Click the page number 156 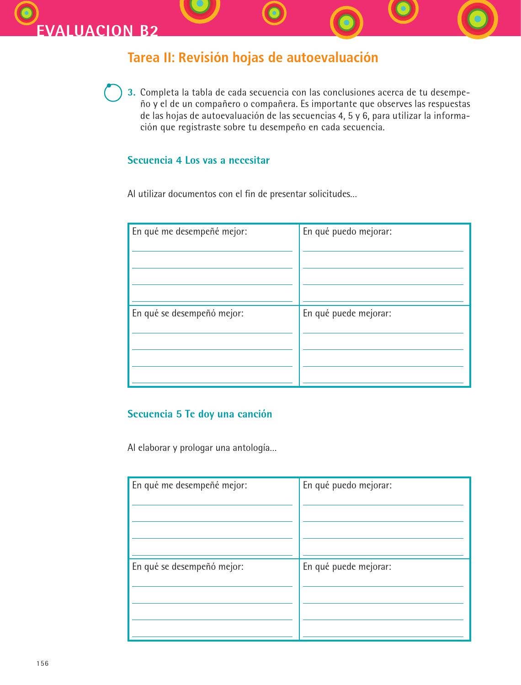[43, 664]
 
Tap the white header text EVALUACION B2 [97, 31]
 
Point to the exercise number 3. [131, 92]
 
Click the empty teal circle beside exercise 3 [113, 93]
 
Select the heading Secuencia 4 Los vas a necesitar [198, 161]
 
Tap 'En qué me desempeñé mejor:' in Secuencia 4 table [189, 231]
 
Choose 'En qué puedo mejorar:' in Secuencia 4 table [347, 231]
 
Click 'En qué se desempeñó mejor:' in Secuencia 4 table [187, 313]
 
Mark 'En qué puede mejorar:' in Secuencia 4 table [347, 313]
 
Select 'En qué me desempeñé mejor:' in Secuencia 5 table [189, 485]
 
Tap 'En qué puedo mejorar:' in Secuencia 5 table [347, 485]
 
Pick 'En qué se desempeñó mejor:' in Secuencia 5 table [187, 567]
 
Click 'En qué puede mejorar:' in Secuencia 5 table [347, 567]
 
